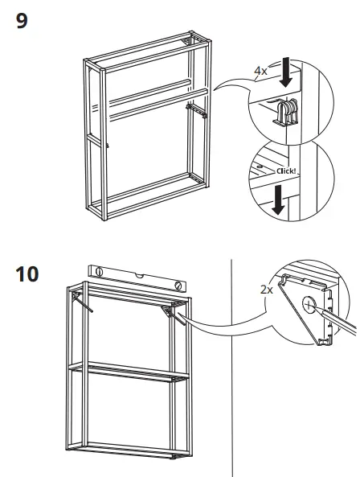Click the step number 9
[x=22, y=21]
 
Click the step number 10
[x=27, y=273]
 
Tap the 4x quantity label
[x=260, y=71]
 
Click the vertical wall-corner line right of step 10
[x=231, y=362]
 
